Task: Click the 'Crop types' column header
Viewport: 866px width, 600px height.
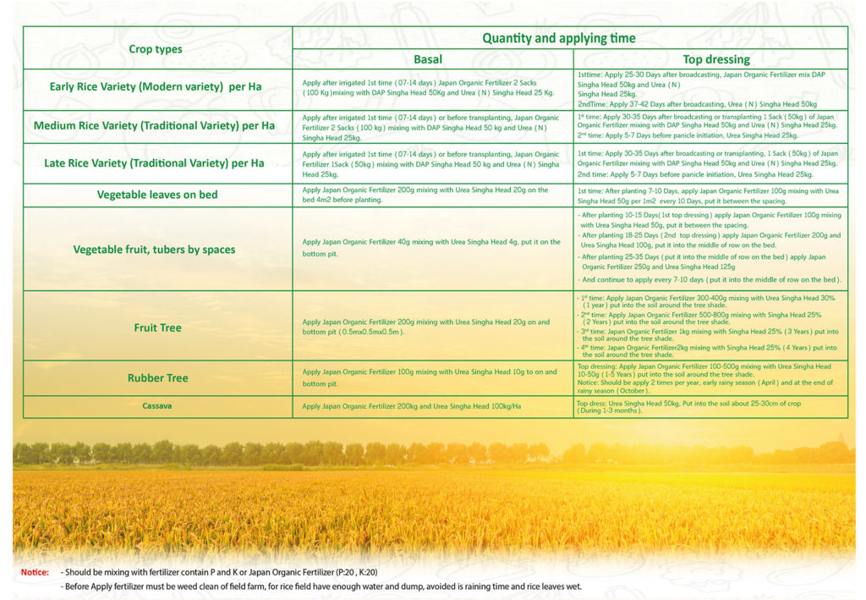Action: click(156, 49)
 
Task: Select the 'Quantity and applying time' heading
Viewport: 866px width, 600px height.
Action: click(559, 38)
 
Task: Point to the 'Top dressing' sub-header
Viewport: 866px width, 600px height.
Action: click(715, 60)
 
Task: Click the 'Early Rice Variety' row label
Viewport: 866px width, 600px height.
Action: click(156, 87)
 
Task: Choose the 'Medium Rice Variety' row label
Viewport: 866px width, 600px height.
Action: click(154, 126)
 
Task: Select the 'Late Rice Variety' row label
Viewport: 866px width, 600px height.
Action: click(154, 163)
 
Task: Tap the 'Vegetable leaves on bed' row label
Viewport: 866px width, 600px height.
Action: click(157, 195)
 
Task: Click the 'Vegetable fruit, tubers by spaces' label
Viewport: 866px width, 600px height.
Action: click(155, 250)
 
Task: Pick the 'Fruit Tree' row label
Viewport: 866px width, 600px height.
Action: click(157, 327)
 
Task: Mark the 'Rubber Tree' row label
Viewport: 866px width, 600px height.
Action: click(157, 377)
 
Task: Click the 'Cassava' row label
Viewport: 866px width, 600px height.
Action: click(157, 406)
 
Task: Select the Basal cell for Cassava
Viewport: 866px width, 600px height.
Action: click(412, 406)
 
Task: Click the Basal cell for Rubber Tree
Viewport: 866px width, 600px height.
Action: click(430, 377)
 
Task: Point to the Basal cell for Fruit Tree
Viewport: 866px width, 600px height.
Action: click(426, 327)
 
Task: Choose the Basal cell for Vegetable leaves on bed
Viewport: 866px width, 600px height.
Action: click(425, 195)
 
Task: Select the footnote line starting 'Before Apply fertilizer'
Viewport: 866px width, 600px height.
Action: click(321, 586)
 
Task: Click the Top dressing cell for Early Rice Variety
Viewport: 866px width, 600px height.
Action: click(702, 89)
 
